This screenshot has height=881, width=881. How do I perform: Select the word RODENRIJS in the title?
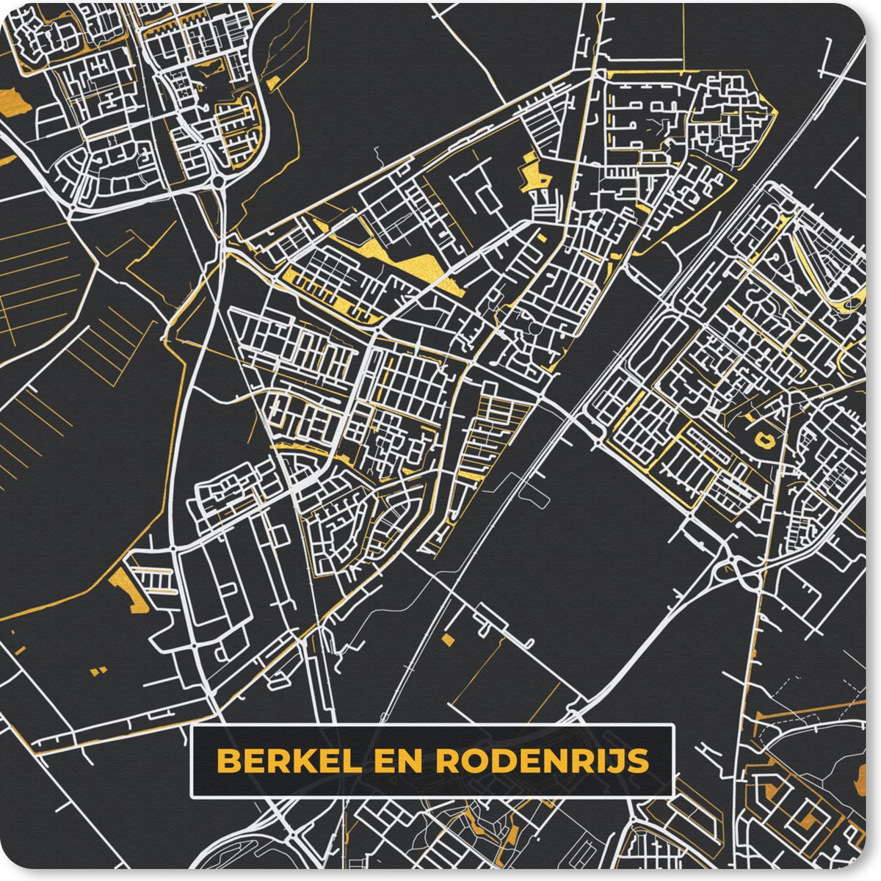542,761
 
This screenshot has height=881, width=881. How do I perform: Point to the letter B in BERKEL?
229,761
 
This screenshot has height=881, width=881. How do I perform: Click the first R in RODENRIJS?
447,761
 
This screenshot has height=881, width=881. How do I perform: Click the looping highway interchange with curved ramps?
734,569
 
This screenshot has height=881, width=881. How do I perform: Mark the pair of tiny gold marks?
96,670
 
